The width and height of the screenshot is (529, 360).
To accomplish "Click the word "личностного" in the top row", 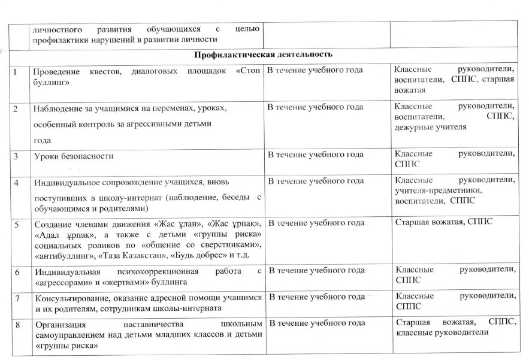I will (x=57, y=29).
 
